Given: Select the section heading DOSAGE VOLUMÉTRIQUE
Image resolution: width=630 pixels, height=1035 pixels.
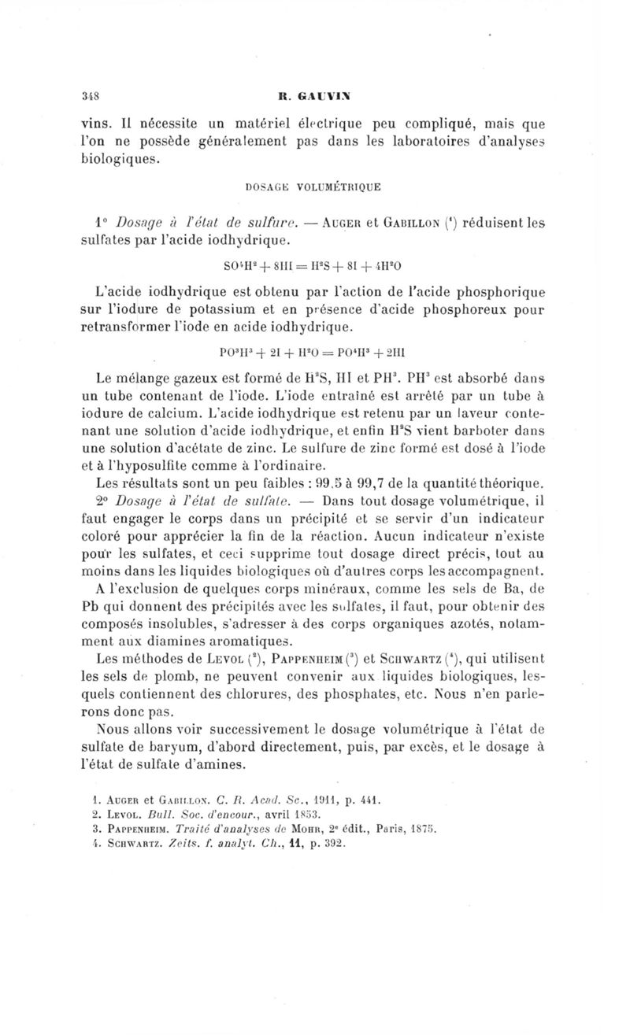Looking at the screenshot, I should (x=313, y=187).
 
